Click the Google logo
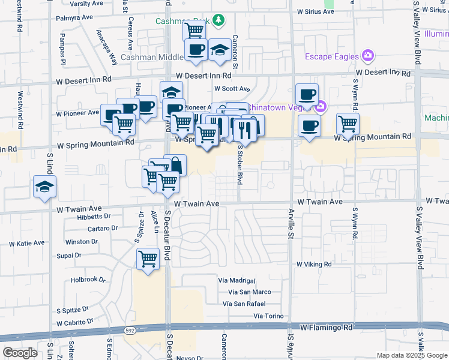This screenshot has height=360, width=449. click(x=20, y=353)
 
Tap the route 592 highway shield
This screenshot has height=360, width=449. click(x=130, y=331)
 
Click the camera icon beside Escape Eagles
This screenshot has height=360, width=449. click(x=368, y=56)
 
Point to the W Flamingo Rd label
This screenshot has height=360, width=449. click(x=327, y=328)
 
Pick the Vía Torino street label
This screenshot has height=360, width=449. click(x=267, y=316)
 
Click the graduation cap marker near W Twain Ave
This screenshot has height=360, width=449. click(x=45, y=187)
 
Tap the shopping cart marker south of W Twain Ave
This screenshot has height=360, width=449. click(x=148, y=259)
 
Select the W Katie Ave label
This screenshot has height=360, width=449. click(x=26, y=244)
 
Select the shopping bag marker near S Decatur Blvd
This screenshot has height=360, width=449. click(x=175, y=164)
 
